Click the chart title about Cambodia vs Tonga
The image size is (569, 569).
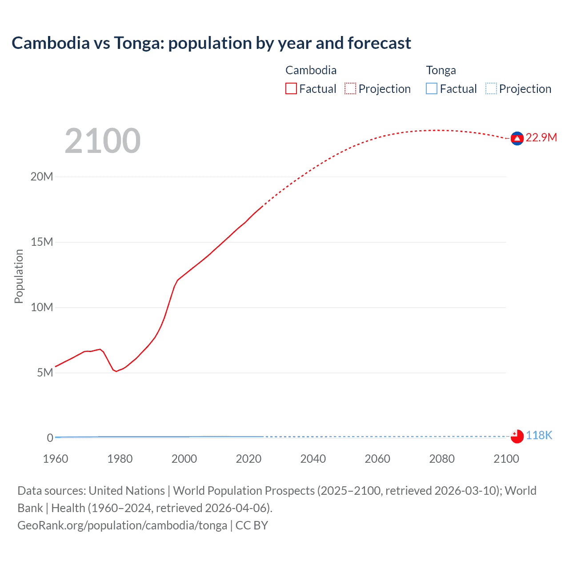(211, 43)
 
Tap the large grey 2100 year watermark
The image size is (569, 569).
(103, 141)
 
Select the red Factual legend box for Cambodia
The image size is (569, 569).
(291, 89)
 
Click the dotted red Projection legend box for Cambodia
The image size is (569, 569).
(350, 89)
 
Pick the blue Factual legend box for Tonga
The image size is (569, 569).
(432, 89)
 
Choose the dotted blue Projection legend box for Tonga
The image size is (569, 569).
(491, 89)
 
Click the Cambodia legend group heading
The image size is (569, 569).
(311, 70)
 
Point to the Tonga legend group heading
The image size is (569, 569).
(441, 70)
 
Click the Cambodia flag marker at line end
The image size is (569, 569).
(517, 139)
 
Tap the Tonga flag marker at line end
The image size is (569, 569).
(517, 437)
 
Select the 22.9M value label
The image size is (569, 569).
(541, 137)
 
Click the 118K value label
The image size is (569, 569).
(539, 435)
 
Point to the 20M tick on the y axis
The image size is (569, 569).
(42, 176)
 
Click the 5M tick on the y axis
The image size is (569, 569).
(45, 373)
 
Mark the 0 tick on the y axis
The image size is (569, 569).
(50, 438)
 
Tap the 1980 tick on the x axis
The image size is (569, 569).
(120, 459)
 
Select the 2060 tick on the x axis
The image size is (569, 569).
(377, 459)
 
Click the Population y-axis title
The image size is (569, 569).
(19, 276)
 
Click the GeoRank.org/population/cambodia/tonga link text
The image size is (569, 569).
(122, 525)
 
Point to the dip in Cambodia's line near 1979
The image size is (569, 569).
(116, 371)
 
